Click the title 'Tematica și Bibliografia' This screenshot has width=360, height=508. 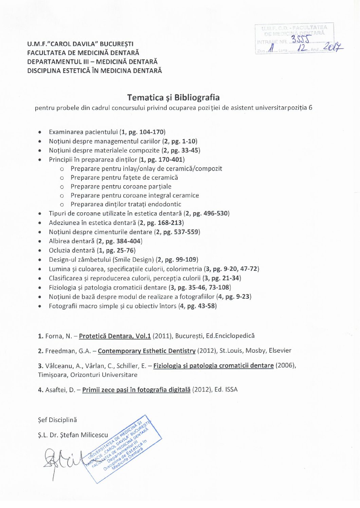pos(173,98)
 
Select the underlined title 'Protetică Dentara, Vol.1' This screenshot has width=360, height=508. pos(115,336)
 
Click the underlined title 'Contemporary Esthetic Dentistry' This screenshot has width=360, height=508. pos(146,351)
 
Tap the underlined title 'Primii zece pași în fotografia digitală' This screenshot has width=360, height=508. pos(136,390)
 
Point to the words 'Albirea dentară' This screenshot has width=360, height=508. pos(71,241)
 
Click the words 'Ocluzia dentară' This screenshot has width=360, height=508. pos(72,250)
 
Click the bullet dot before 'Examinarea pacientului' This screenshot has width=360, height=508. pos(40,132)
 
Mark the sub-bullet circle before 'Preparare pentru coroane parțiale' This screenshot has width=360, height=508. pos(62,187)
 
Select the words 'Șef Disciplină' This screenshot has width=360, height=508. pos(57,420)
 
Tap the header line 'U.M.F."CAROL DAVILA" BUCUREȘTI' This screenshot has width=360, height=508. pos(80,44)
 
